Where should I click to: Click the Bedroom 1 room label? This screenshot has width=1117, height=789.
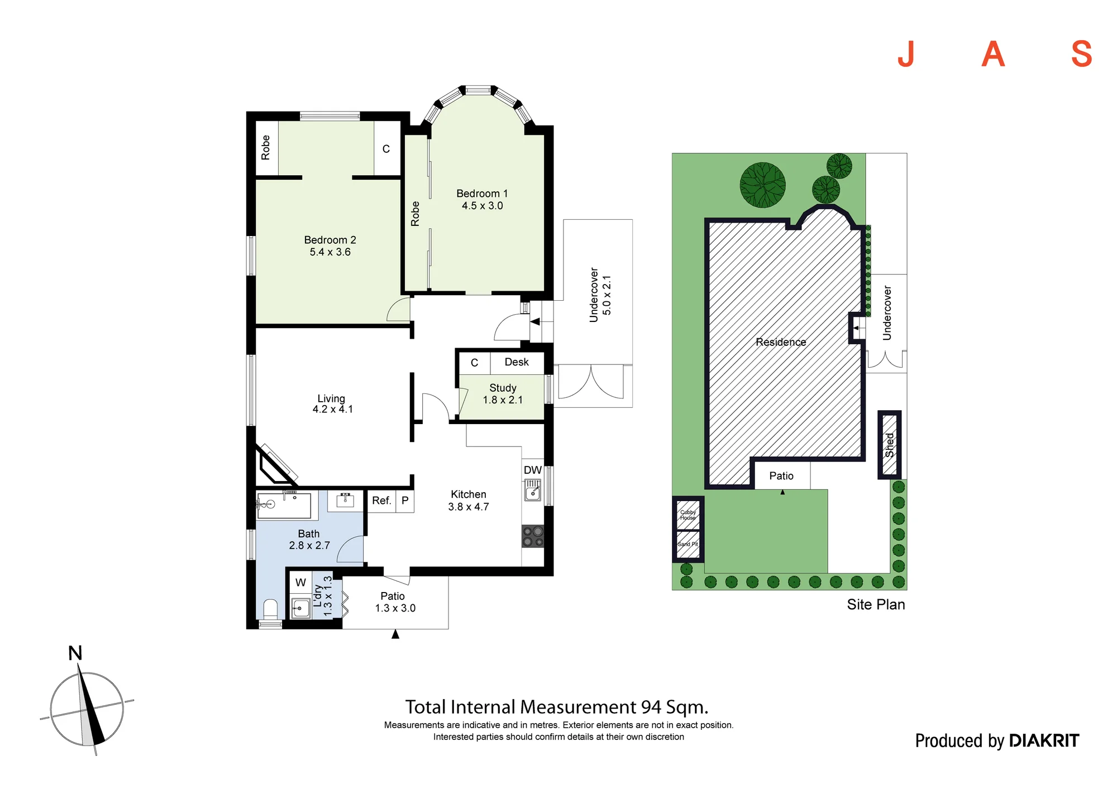click(482, 199)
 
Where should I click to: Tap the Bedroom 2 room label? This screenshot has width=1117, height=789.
click(330, 246)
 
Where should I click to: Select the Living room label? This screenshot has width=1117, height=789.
click(332, 403)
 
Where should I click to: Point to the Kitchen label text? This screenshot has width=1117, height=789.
click(469, 494)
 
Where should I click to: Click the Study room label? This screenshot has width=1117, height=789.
click(503, 393)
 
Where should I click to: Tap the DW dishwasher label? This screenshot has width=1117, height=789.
click(533, 470)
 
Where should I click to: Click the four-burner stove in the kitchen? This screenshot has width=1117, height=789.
click(533, 536)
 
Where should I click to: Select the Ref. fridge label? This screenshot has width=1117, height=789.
click(381, 501)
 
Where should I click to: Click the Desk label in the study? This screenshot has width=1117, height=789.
click(517, 362)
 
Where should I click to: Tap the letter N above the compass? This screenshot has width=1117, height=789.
click(75, 653)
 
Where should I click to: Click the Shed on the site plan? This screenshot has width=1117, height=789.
click(890, 445)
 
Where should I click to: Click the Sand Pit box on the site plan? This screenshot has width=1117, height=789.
click(688, 545)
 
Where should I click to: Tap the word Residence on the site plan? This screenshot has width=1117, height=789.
click(781, 342)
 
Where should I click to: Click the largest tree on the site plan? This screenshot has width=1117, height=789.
click(762, 185)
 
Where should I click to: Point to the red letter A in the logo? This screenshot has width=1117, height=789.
click(993, 54)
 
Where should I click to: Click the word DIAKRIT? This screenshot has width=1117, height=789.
click(1044, 740)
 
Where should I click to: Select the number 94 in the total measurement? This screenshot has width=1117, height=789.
click(651, 707)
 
